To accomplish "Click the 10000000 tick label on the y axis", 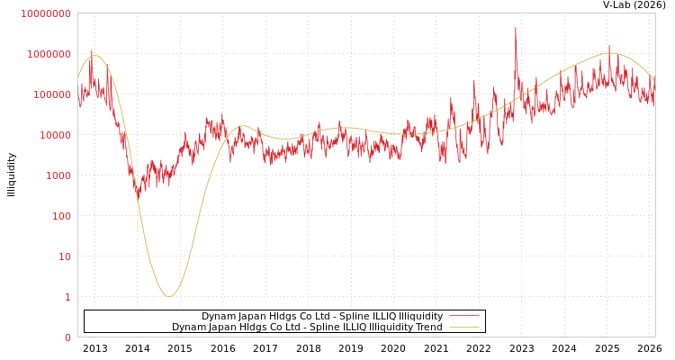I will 45,13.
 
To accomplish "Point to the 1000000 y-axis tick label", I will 48,54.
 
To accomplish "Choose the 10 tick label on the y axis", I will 65,256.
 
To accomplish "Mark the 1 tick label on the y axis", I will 67,297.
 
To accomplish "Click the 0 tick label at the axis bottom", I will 67,337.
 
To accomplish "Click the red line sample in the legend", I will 463,316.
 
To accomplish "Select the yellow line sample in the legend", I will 463,327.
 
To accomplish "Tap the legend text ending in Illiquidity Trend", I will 307,327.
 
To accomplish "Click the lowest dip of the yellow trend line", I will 169,296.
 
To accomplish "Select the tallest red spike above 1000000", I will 516,29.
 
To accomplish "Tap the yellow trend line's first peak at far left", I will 94,56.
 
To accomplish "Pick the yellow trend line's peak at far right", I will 610,53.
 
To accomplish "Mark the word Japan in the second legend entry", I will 218,327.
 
